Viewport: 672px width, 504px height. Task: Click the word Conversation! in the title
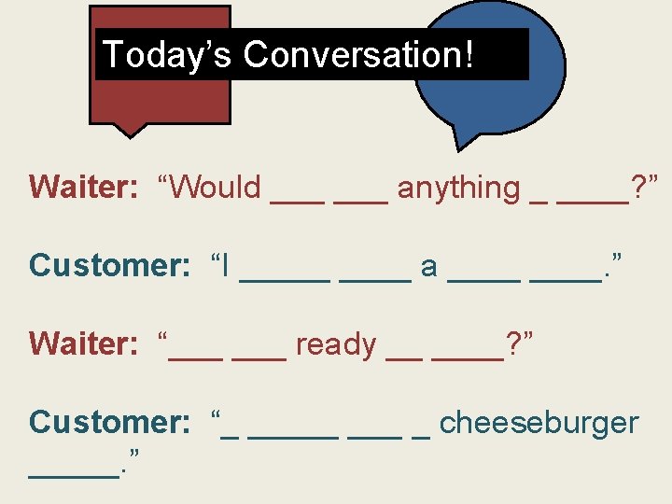click(x=359, y=54)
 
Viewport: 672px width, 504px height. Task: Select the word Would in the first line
click(x=217, y=188)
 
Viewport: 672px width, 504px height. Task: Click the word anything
click(x=458, y=188)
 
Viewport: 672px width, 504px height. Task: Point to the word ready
click(x=335, y=344)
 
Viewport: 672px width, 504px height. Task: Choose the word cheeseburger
click(x=539, y=423)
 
